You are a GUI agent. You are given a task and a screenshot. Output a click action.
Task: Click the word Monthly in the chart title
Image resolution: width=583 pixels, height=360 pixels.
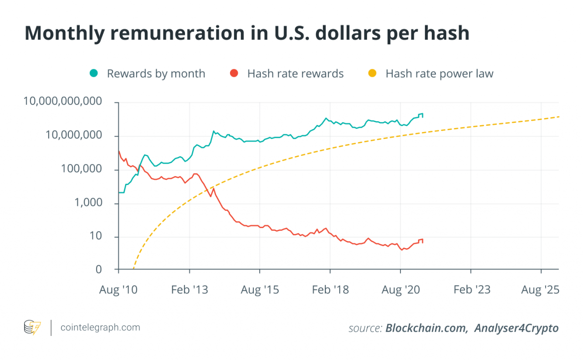(x=68, y=33)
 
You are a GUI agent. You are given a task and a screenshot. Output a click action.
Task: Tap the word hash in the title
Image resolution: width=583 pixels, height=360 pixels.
(x=442, y=33)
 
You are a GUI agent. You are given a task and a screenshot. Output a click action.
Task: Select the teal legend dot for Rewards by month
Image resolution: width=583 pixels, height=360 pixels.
(x=94, y=73)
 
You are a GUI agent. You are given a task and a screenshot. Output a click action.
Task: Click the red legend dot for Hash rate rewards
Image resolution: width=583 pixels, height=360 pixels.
(x=234, y=73)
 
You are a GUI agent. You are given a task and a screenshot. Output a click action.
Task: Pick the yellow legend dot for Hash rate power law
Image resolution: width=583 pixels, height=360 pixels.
(x=373, y=73)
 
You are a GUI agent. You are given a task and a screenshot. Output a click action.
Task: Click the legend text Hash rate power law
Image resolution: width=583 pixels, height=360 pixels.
(x=439, y=73)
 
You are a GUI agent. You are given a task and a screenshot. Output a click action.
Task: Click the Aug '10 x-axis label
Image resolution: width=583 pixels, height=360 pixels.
(x=118, y=289)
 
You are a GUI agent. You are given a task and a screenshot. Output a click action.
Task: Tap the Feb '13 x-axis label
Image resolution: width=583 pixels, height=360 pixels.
(x=189, y=289)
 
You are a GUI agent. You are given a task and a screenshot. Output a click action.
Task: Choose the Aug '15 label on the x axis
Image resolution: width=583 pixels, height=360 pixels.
(x=260, y=289)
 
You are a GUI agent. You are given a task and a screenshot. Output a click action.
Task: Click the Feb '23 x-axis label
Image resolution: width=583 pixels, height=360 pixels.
(x=471, y=289)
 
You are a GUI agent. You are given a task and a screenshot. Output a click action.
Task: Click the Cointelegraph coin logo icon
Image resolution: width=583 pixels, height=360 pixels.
(x=32, y=327)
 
